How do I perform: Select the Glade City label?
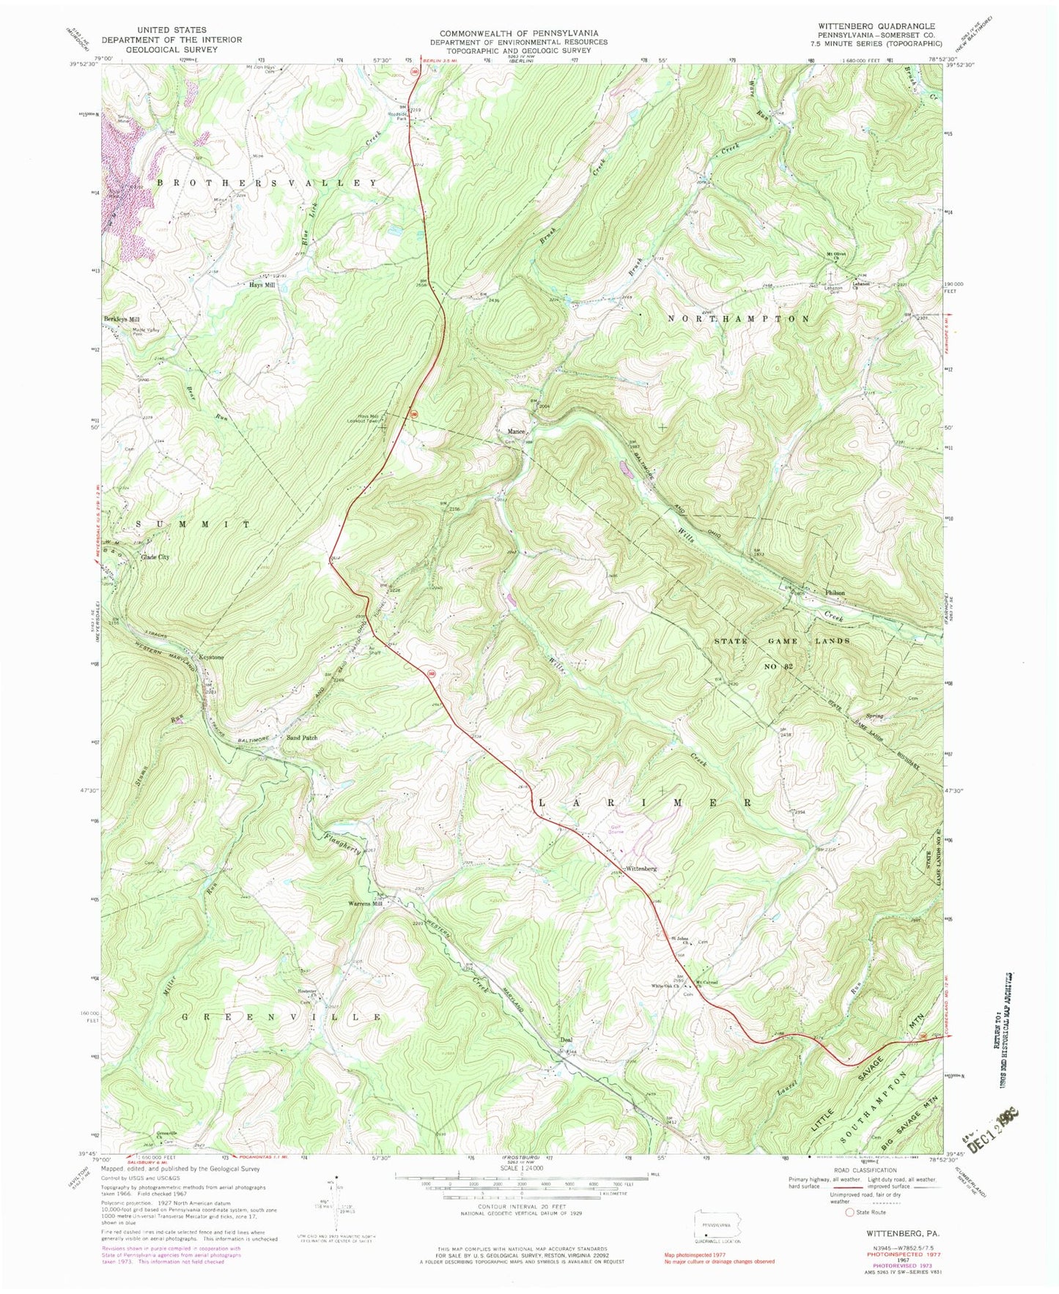[155, 557]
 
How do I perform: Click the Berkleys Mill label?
[121, 319]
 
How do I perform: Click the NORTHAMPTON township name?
[740, 319]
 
